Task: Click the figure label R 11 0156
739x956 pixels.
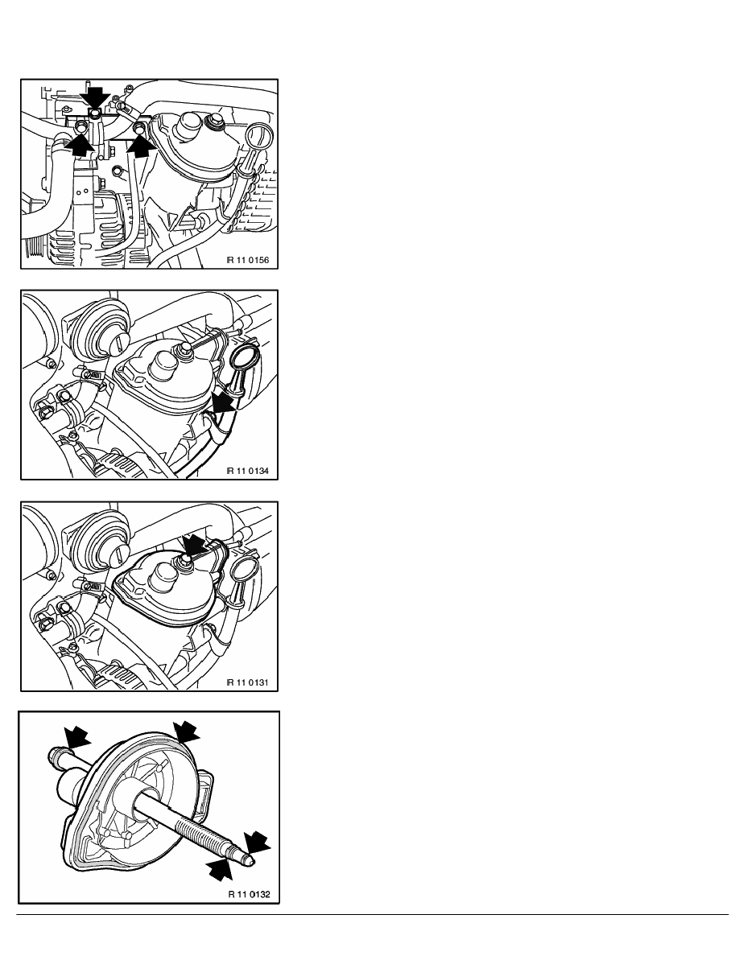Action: tap(248, 261)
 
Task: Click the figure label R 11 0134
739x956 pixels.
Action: tap(248, 471)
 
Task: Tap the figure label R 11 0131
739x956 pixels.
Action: tap(248, 682)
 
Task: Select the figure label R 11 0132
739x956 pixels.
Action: tap(250, 894)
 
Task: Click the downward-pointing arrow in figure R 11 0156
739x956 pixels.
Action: tap(96, 97)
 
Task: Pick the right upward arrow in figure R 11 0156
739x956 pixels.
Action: tap(142, 146)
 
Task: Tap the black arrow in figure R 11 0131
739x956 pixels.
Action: tap(195, 545)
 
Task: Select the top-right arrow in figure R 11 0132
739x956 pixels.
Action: tap(186, 731)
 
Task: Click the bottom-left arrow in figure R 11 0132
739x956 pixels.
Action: tap(220, 869)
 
